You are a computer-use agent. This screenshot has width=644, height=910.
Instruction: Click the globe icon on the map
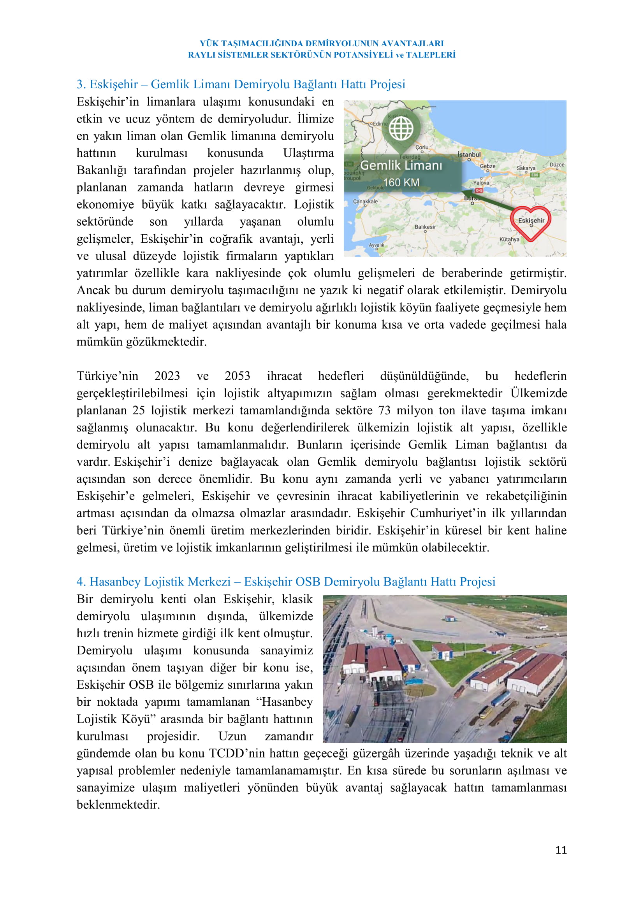pyautogui.click(x=401, y=128)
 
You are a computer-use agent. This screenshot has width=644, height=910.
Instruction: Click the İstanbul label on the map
pyautogui.click(x=469, y=154)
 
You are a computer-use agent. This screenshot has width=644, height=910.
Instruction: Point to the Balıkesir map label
pyautogui.click(x=425, y=227)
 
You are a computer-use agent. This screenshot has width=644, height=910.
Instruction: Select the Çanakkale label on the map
pyautogui.click(x=365, y=202)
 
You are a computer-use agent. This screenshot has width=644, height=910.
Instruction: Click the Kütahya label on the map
pyautogui.click(x=509, y=239)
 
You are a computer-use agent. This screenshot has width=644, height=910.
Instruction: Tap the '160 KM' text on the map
pyautogui.click(x=401, y=182)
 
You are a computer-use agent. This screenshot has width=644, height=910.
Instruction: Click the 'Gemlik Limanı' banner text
pyautogui.click(x=401, y=165)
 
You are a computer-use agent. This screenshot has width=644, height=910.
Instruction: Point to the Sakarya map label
pyautogui.click(x=526, y=168)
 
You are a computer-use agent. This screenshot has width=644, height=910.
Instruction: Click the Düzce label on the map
pyautogui.click(x=557, y=165)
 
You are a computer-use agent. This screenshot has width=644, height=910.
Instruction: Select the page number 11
pyautogui.click(x=561, y=850)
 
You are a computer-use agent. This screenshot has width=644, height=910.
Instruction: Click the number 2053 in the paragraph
pyautogui.click(x=237, y=376)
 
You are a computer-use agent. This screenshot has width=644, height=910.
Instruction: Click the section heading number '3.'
pyautogui.click(x=81, y=84)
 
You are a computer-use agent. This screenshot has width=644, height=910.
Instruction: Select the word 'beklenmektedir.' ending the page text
pyautogui.click(x=118, y=805)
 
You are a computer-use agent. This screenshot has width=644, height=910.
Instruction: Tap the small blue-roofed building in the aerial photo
pyautogui.click(x=449, y=618)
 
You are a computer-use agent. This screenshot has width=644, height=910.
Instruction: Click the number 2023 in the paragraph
pyautogui.click(x=167, y=376)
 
